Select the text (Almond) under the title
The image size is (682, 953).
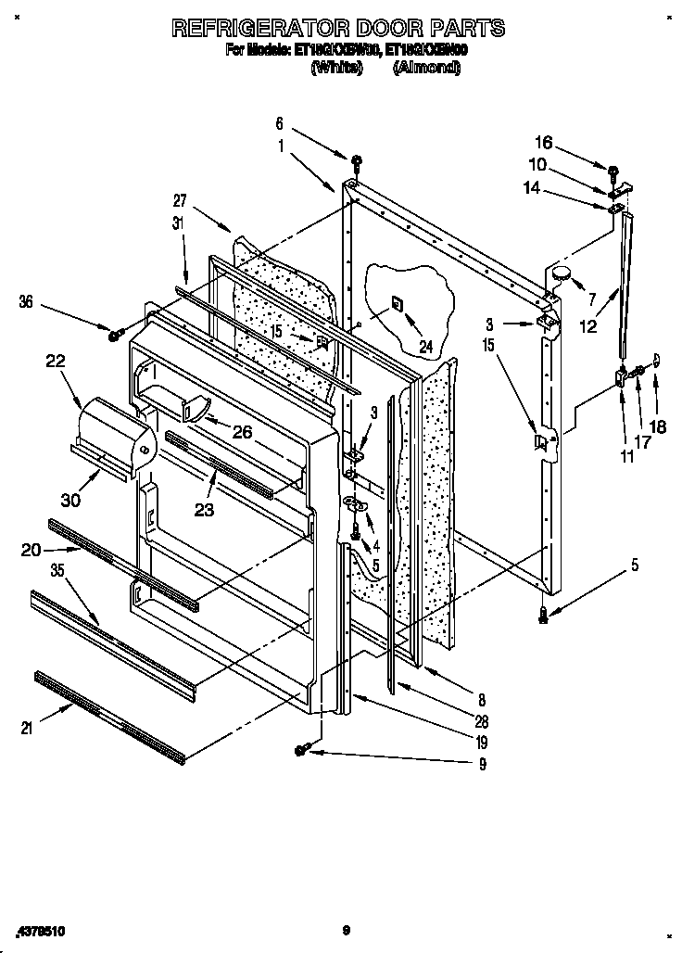coord(427,68)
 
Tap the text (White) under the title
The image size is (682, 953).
coord(336,68)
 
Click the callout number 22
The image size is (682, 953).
coord(57,362)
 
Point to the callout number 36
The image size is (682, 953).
coord(27,300)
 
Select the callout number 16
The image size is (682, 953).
coord(543,142)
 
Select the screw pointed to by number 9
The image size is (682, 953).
coord(302,749)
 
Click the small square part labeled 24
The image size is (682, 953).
coord(397,303)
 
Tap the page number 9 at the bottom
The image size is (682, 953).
coord(344,929)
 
